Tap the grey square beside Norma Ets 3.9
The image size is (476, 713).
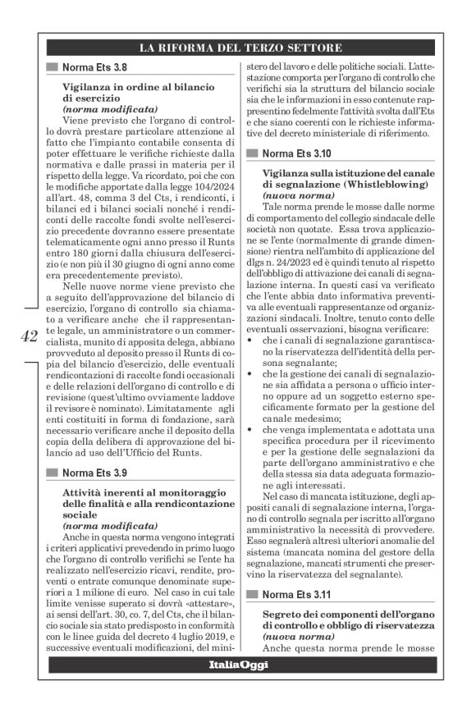coord(53,473)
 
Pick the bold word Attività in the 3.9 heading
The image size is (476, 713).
coord(84,491)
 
